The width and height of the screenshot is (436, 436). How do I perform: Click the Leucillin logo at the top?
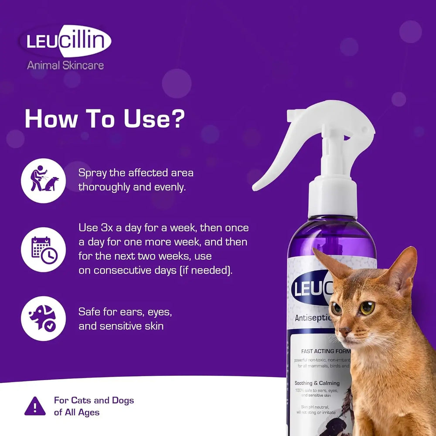pyautogui.click(x=65, y=41)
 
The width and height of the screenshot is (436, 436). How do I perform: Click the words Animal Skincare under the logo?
pyautogui.click(x=65, y=65)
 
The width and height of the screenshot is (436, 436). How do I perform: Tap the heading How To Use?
pyautogui.click(x=105, y=119)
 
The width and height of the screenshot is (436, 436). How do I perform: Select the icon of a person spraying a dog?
pyautogui.click(x=43, y=179)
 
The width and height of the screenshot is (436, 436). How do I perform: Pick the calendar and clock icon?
pyautogui.click(x=43, y=249)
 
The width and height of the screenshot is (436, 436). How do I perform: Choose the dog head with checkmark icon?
pyautogui.click(x=43, y=318)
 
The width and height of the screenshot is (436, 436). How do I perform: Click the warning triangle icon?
pyautogui.click(x=35, y=406)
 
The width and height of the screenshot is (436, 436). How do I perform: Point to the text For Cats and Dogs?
pyautogui.click(x=94, y=400)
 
